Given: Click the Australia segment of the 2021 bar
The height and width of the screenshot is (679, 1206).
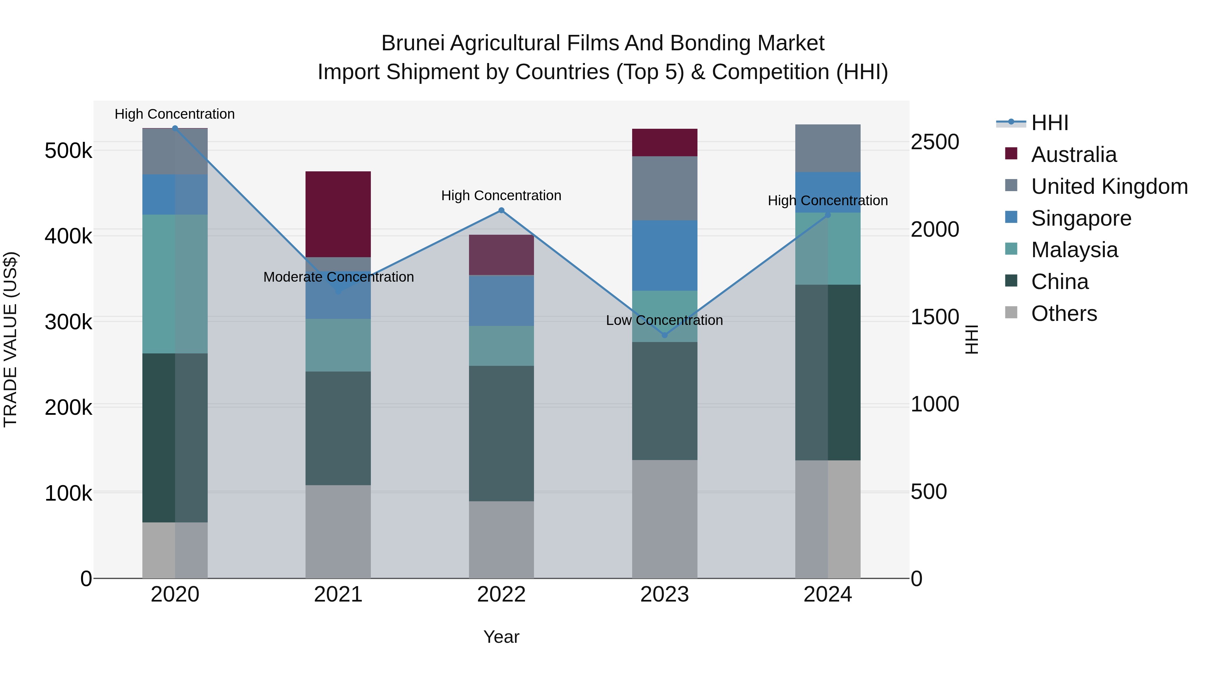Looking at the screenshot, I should (338, 214).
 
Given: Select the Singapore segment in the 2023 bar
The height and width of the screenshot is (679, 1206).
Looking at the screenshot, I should (664, 256).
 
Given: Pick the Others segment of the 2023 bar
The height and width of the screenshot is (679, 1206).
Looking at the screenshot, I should (664, 519).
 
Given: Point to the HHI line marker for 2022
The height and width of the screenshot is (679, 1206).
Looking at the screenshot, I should (501, 210).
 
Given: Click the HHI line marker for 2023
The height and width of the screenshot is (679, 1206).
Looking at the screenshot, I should (664, 335).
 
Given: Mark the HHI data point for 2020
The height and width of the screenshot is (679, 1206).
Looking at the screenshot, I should (175, 128).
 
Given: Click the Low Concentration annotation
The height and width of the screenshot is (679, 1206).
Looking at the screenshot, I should (664, 321).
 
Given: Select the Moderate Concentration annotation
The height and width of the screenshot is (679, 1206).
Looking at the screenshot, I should (338, 277).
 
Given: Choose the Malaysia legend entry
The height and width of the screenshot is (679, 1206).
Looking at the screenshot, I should (1074, 250).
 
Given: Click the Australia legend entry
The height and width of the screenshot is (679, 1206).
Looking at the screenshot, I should (1074, 155).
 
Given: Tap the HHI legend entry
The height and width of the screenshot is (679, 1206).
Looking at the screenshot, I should (1050, 123).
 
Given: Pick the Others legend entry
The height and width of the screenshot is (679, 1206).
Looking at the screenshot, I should (1064, 314).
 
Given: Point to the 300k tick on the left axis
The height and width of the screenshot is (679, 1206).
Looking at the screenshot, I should (68, 322).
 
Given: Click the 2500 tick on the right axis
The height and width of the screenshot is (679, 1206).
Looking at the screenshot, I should (934, 142).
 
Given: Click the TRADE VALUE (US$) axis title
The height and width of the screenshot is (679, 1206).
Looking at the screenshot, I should (10, 339).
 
